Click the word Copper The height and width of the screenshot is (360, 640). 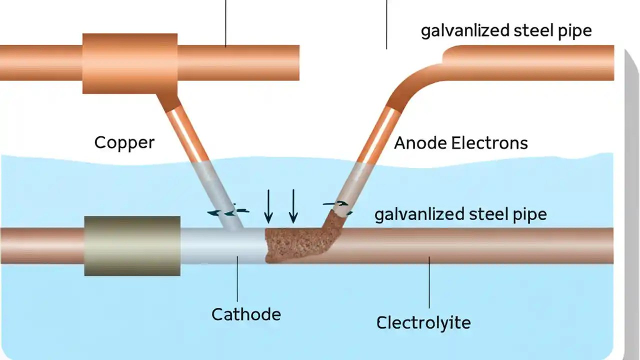(x=124, y=142)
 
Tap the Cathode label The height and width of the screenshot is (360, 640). (x=246, y=314)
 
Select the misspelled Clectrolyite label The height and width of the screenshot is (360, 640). (x=423, y=322)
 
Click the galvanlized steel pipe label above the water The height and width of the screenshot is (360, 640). (x=506, y=31)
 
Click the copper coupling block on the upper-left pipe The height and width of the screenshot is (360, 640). (x=130, y=63)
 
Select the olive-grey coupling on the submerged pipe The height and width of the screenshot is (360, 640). (x=132, y=246)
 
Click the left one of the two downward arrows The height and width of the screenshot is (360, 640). (x=268, y=206)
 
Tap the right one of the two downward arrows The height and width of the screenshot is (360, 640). (x=293, y=206)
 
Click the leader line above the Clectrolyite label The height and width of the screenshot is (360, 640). (x=429, y=285)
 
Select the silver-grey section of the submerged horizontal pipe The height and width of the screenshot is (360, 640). (x=220, y=246)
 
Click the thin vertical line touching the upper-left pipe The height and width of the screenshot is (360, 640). (x=225, y=22)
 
